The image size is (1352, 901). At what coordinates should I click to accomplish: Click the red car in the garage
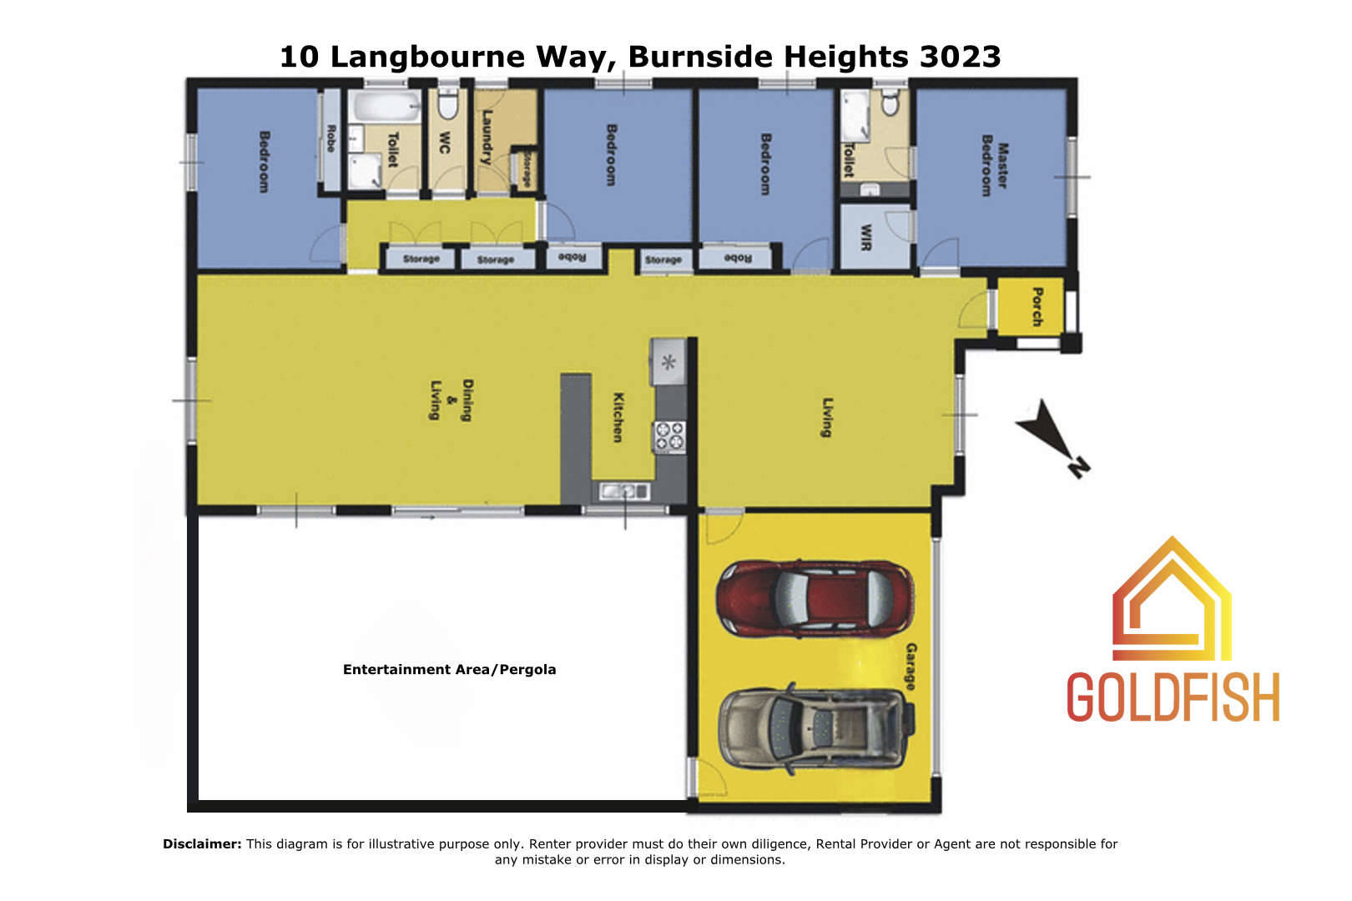815,599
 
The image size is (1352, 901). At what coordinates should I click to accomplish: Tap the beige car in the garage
817,729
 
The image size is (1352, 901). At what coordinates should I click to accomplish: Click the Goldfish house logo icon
1172,599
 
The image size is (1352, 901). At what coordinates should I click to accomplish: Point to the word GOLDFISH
1173,697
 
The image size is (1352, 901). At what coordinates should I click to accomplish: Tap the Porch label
1037,306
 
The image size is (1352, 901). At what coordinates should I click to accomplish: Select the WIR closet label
866,237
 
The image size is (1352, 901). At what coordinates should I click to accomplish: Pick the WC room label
445,143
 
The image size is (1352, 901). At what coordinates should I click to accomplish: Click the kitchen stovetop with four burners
669,436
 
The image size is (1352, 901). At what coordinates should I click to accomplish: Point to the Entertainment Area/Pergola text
449,669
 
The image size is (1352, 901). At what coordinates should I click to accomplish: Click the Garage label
911,667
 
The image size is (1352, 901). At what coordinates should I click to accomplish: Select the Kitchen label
618,418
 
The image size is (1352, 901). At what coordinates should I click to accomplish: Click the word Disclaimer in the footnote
202,843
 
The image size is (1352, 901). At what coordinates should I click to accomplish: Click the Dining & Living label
451,400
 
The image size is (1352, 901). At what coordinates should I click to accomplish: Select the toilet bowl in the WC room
447,104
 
